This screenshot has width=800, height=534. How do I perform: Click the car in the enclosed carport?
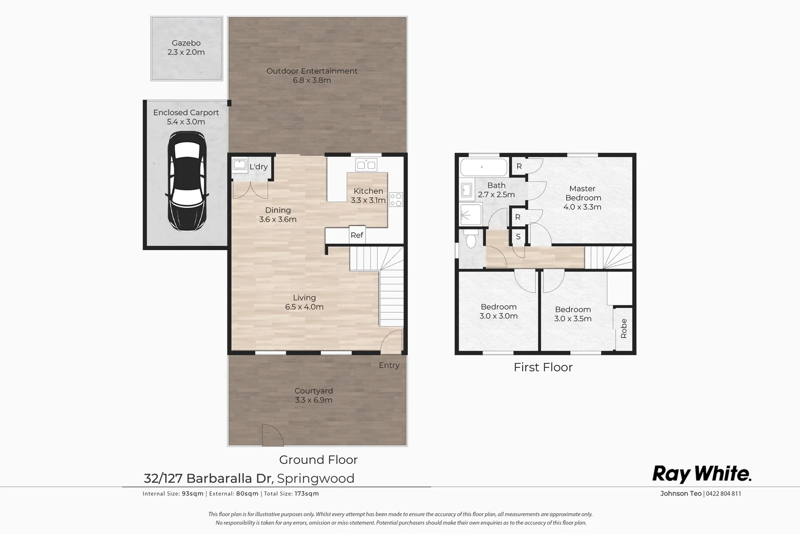click(x=186, y=181)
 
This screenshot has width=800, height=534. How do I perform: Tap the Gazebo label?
click(x=186, y=43)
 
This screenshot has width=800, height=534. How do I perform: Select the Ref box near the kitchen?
click(x=356, y=235)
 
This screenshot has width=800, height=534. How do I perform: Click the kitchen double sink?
click(x=366, y=165)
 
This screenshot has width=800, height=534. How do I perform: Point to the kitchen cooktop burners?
click(x=396, y=199)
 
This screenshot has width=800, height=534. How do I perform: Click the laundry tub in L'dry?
click(x=240, y=165)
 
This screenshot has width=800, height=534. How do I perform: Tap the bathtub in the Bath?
click(x=484, y=168)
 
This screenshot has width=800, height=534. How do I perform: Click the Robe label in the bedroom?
click(x=623, y=328)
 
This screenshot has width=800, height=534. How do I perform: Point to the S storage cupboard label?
click(x=518, y=237)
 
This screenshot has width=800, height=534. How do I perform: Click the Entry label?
click(x=389, y=365)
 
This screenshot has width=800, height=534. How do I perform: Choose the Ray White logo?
click(x=702, y=474)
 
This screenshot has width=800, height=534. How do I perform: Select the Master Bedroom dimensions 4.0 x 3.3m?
click(x=582, y=207)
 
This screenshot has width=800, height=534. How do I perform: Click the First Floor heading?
click(x=543, y=367)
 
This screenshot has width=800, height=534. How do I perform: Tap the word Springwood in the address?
click(x=315, y=479)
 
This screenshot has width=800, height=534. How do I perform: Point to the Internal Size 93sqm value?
click(x=193, y=493)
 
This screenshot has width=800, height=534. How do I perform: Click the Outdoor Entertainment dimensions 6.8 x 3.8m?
click(x=312, y=80)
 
